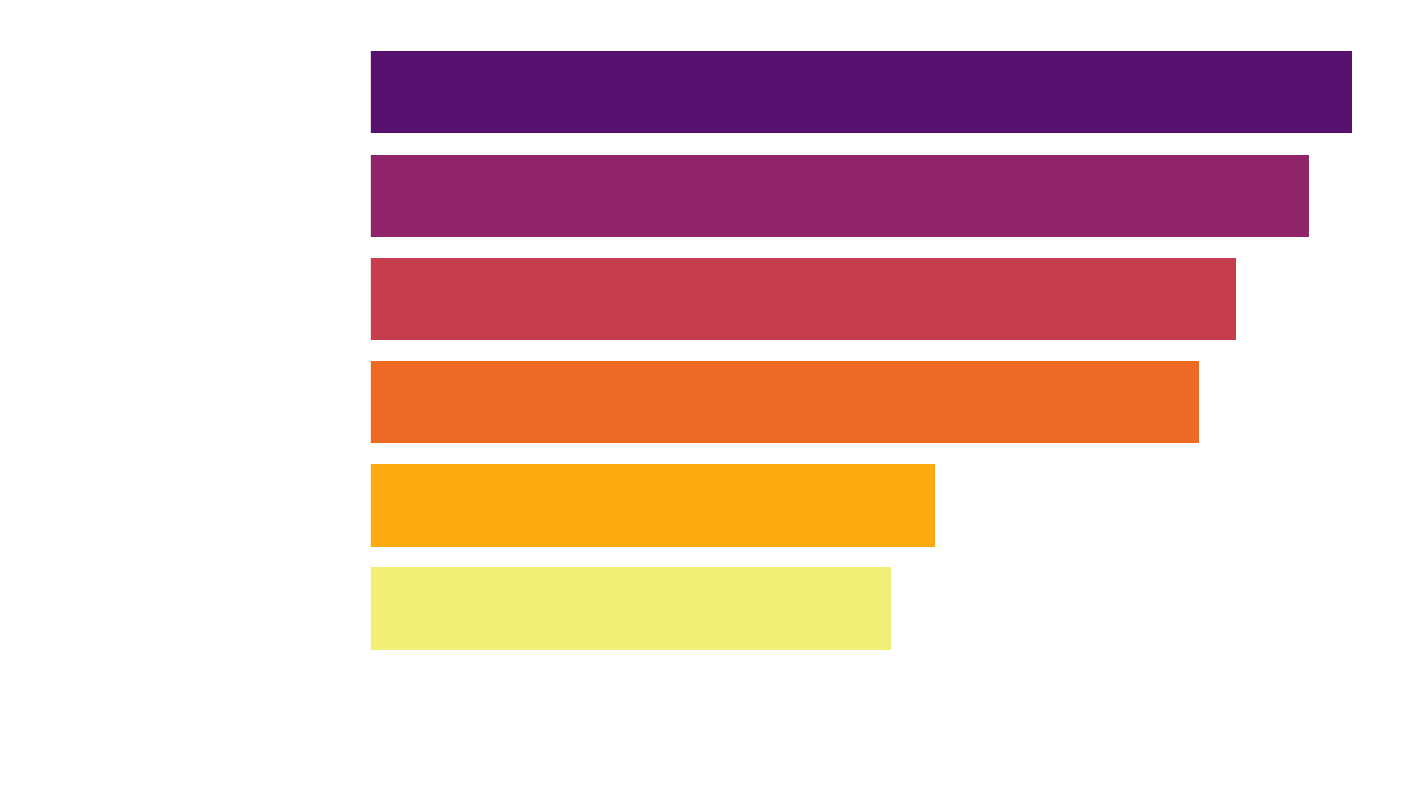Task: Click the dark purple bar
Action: coord(861,92)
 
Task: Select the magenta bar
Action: coord(840,196)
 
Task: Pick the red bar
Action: coord(803,299)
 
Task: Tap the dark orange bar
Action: coord(785,402)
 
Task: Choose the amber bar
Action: coord(653,505)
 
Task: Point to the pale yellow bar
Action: coord(631,609)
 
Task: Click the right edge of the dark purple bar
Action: coord(1351,92)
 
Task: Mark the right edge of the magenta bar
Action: coord(1308,196)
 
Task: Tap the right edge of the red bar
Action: coord(1235,299)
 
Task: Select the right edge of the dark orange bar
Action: coord(1198,402)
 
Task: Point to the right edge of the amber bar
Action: coord(935,505)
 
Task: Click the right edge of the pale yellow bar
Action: coord(890,609)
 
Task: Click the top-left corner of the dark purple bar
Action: coord(371,52)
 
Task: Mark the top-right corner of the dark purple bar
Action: coord(1351,52)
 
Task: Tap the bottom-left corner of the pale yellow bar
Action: coord(371,649)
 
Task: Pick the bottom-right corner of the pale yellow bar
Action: coord(890,649)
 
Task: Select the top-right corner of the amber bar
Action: coord(935,465)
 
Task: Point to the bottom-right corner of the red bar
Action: coord(1235,339)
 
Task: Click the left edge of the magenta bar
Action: coord(371,196)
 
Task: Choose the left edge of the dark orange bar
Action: coord(371,402)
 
